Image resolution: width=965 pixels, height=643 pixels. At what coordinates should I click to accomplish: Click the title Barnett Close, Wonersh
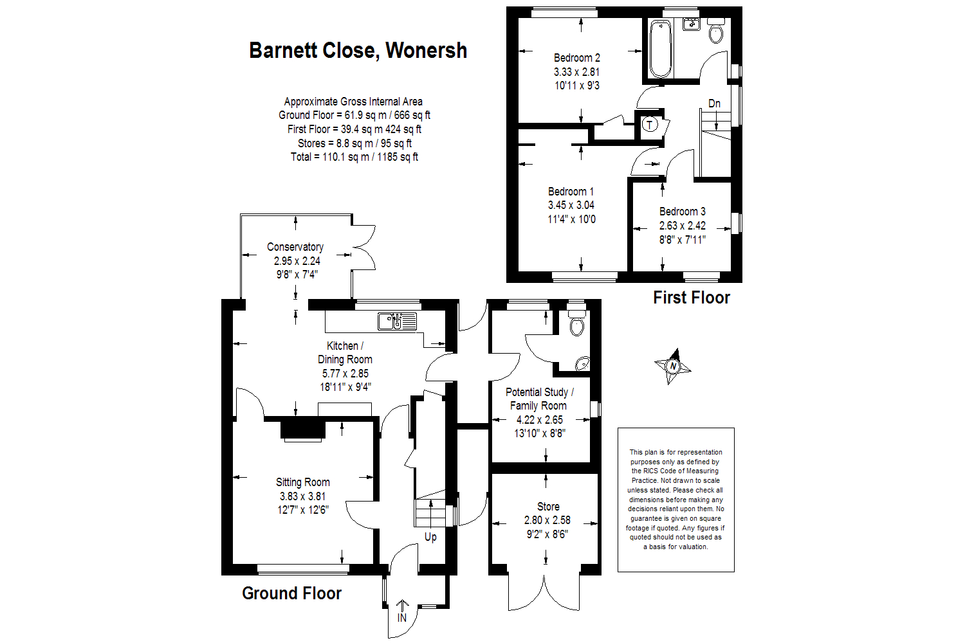358,51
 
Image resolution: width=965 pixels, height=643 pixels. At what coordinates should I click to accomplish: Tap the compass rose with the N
673,367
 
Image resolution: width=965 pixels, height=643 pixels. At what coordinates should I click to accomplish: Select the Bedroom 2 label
577,58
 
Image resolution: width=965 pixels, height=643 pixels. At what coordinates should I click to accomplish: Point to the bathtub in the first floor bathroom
660,49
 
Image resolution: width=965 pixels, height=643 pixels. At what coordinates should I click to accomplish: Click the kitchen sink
390,321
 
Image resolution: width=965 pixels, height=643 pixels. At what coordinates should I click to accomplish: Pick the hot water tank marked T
650,125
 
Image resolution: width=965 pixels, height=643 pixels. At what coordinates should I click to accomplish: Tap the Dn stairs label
714,104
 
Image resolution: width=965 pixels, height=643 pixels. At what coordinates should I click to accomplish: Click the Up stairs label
430,537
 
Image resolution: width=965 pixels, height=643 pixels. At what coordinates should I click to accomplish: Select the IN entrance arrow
402,611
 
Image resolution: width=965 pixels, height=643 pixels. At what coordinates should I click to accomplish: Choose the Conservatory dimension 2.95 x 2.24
297,261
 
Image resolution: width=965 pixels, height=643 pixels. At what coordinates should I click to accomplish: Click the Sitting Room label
303,482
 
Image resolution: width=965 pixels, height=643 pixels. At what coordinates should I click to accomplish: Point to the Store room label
548,507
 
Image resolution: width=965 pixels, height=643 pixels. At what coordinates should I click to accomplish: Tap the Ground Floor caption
291,593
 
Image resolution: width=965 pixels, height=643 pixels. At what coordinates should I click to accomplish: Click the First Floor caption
692,298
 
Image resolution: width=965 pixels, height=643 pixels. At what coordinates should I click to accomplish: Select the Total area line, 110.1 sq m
354,157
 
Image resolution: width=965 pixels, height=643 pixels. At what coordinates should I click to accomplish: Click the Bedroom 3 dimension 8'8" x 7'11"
682,240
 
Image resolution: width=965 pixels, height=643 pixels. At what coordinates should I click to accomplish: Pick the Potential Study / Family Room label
539,399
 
